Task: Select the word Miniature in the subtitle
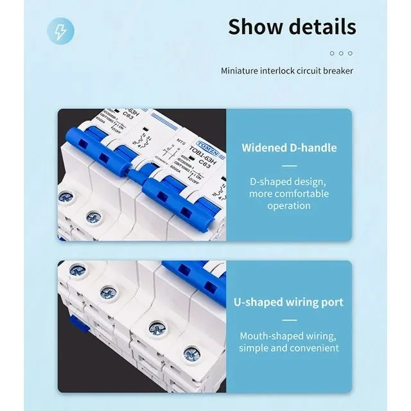point(242,70)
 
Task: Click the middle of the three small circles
point(341,53)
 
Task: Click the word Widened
point(264,148)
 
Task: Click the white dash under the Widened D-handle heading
point(288,165)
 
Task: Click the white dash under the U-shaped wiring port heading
point(288,319)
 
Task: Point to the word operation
point(288,205)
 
